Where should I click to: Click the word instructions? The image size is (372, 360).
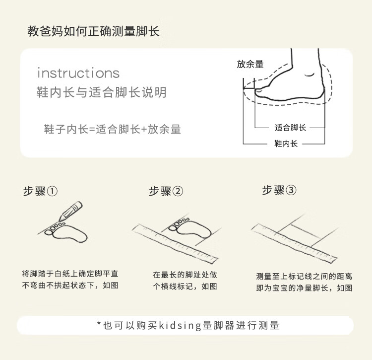[x=78, y=73]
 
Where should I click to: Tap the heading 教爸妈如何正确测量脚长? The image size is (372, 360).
[x=93, y=31]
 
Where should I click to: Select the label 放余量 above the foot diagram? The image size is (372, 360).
[x=250, y=64]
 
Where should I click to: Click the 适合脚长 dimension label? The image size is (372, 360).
[x=290, y=128]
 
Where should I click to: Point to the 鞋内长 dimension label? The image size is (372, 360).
[x=286, y=144]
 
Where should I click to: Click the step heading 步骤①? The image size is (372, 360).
[x=40, y=191]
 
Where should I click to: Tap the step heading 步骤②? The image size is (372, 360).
[x=166, y=191]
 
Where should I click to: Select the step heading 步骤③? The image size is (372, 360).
[x=279, y=190]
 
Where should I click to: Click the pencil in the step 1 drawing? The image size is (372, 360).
[x=71, y=211]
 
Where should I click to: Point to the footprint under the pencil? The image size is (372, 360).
[x=66, y=232]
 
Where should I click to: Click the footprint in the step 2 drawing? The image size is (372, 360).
[x=190, y=228]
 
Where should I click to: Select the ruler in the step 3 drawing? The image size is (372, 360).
[x=294, y=244]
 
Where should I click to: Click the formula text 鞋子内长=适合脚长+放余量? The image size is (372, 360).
[x=113, y=130]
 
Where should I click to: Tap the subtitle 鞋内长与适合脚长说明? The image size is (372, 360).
[x=102, y=92]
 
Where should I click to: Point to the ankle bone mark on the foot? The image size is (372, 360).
[x=310, y=75]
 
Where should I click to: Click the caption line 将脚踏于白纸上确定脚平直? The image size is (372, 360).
[x=70, y=274]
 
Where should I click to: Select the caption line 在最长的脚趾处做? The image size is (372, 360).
[x=185, y=275]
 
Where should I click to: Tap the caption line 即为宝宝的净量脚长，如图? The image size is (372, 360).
[x=304, y=288]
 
